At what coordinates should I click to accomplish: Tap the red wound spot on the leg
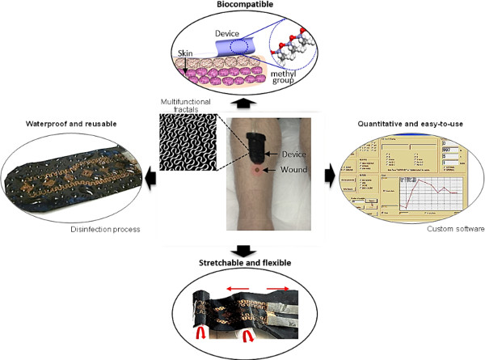(x=257, y=172)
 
